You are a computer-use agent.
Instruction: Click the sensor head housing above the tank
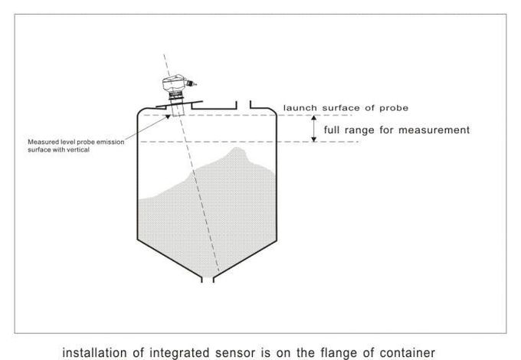pos(173,83)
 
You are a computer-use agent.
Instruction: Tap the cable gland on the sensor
pos(191,83)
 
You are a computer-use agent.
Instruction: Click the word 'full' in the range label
pos(332,129)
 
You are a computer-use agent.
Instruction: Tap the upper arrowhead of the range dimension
pos(313,118)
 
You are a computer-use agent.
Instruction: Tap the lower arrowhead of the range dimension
pos(313,139)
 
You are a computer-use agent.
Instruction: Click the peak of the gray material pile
pos(237,149)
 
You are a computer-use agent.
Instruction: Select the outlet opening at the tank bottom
pos(208,280)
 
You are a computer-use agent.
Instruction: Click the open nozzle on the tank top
pos(243,105)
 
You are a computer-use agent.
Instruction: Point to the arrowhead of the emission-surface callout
pos(168,116)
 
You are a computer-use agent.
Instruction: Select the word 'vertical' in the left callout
pos(79,150)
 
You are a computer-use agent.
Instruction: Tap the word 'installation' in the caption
pos(94,352)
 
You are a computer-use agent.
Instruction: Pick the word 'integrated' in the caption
pos(179,353)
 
